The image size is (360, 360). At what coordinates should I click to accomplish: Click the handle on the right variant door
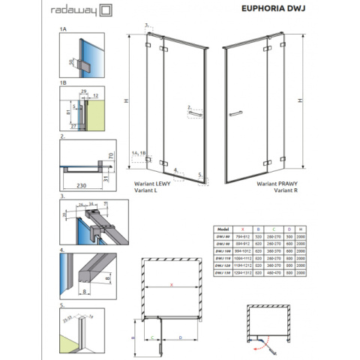pos(235,112)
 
